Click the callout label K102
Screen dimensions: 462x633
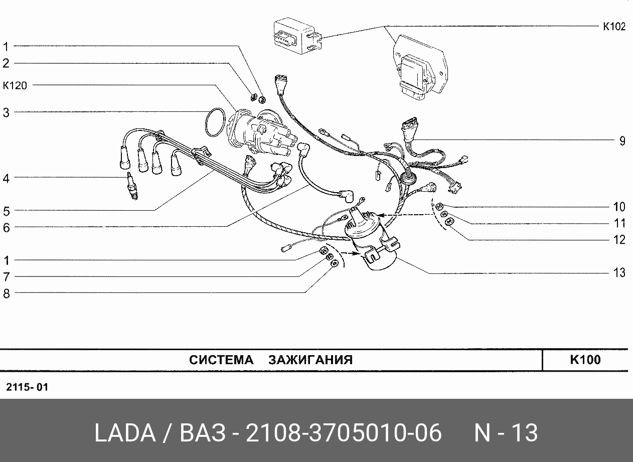[614, 27]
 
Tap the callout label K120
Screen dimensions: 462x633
[15, 86]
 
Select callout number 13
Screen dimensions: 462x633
[620, 273]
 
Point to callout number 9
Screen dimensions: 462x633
[622, 141]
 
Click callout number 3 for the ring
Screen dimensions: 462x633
[6, 113]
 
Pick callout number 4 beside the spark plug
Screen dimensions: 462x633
[6, 178]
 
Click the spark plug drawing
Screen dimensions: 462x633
[131, 186]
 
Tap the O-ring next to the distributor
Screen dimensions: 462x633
[215, 121]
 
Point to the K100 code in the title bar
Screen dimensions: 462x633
[585, 360]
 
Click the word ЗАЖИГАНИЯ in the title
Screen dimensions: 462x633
[310, 360]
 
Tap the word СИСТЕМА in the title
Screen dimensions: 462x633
[222, 360]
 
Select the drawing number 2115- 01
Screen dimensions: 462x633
[27, 388]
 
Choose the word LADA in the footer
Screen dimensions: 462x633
[124, 432]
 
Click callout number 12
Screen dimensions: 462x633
[620, 240]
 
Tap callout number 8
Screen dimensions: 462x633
[6, 293]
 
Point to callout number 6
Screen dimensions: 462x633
[6, 227]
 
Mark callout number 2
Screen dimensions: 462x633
[6, 63]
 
